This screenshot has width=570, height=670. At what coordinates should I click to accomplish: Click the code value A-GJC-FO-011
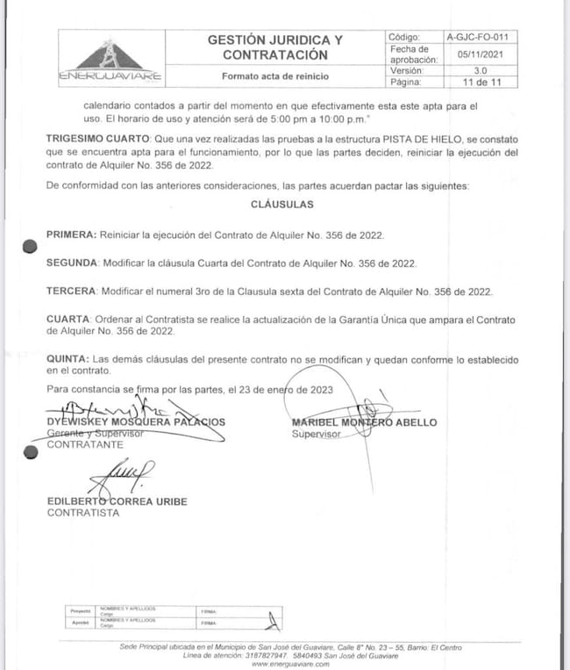(x=476, y=38)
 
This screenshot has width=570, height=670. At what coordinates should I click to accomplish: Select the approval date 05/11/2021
(x=476, y=54)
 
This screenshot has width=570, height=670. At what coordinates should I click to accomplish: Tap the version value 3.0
(x=476, y=70)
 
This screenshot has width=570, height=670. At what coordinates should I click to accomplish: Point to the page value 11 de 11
(x=476, y=82)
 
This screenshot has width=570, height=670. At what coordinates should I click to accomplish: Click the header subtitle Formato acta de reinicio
(x=274, y=76)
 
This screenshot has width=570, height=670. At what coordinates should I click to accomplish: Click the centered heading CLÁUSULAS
(x=281, y=204)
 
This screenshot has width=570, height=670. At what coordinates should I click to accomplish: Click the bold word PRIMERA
(x=70, y=235)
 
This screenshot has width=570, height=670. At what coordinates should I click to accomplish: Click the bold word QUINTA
(x=67, y=360)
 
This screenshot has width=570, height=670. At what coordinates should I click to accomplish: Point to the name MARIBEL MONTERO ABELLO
(x=364, y=422)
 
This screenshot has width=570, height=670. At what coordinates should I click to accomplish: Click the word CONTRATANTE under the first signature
(x=84, y=445)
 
